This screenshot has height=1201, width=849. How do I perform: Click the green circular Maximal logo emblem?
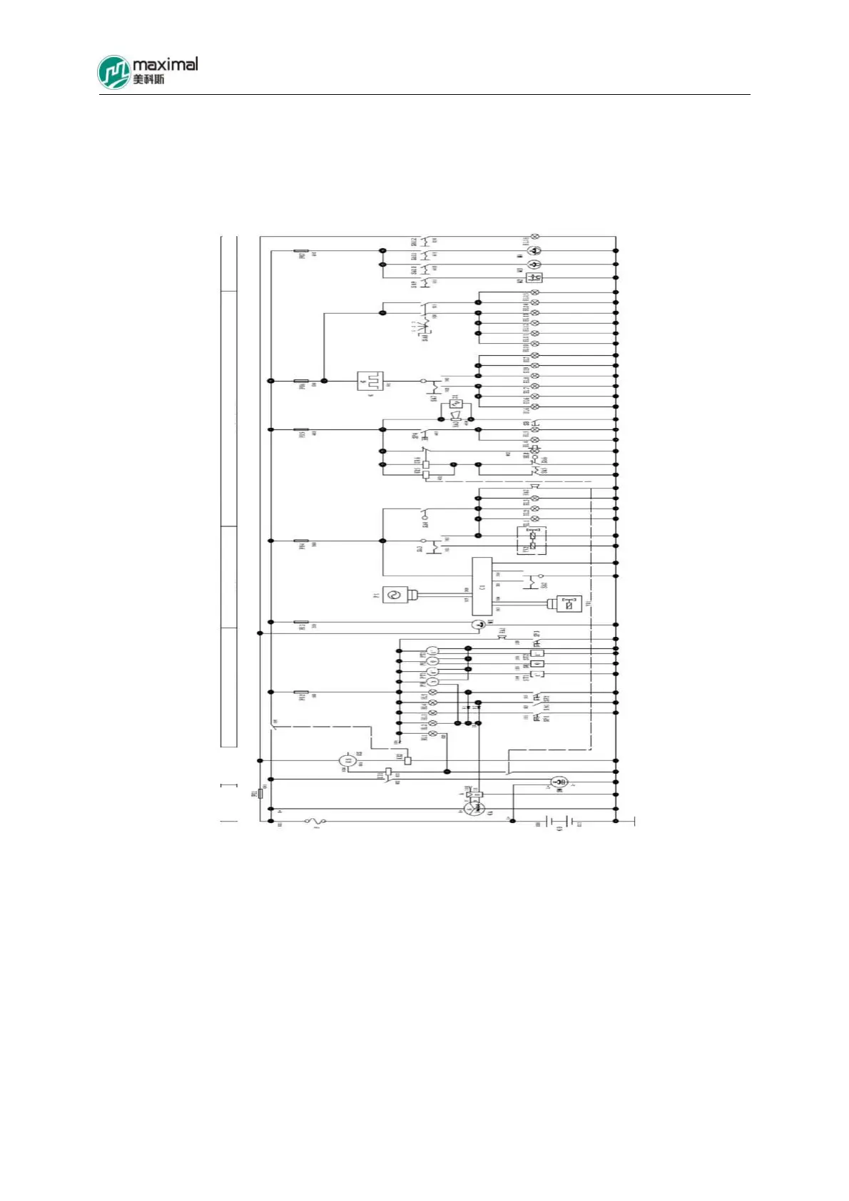[x=114, y=72]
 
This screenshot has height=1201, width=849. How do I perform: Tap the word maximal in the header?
[x=165, y=64]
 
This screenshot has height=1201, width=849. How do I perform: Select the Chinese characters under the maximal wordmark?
[x=148, y=79]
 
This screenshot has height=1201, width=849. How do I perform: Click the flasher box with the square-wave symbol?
[x=370, y=381]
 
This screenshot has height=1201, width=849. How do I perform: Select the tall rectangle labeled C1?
[x=482, y=586]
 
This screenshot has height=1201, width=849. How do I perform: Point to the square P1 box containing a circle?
[x=395, y=594]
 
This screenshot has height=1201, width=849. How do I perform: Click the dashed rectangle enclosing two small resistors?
[x=532, y=541]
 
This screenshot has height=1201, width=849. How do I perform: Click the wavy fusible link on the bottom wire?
[x=315, y=822]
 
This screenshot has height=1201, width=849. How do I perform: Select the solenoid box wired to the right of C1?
[x=569, y=603]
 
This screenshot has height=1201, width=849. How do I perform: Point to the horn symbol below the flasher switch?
[x=455, y=415]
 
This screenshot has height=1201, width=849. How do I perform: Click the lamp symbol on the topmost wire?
[x=535, y=236]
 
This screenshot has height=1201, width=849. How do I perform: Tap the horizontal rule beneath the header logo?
[x=424, y=94]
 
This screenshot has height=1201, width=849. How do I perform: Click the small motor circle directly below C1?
[x=479, y=625]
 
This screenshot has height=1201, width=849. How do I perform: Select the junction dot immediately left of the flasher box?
[x=325, y=381]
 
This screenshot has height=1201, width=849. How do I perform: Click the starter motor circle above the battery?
[x=559, y=782]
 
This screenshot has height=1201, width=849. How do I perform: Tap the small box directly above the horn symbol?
[x=456, y=404]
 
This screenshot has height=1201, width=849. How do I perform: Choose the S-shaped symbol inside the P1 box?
[x=395, y=594]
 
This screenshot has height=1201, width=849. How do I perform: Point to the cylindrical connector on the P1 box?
[x=412, y=594]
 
